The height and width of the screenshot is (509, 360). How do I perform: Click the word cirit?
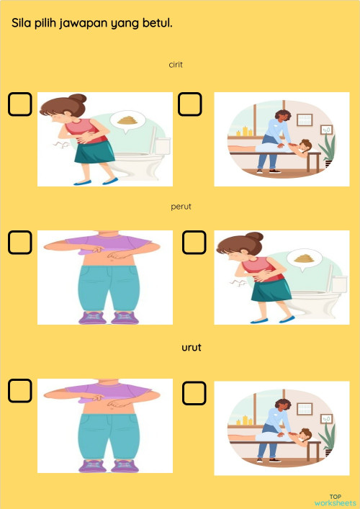176,65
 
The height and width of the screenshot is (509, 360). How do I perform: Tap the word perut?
181,207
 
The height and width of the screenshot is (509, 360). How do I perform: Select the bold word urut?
191,347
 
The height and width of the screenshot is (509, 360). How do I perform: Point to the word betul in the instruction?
157,23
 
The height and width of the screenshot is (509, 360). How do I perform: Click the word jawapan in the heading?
82,24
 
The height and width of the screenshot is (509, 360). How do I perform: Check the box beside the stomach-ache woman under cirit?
20,104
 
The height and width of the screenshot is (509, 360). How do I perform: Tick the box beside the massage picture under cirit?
190,104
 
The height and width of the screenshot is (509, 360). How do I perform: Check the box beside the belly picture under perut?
20,243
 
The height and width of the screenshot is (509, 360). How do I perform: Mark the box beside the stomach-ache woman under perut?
194,243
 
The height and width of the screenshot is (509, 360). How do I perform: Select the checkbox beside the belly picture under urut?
20,390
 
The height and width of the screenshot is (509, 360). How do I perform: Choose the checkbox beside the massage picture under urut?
194,393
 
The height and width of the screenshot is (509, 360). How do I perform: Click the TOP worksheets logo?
335,500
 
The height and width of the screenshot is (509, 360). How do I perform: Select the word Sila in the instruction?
22,23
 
